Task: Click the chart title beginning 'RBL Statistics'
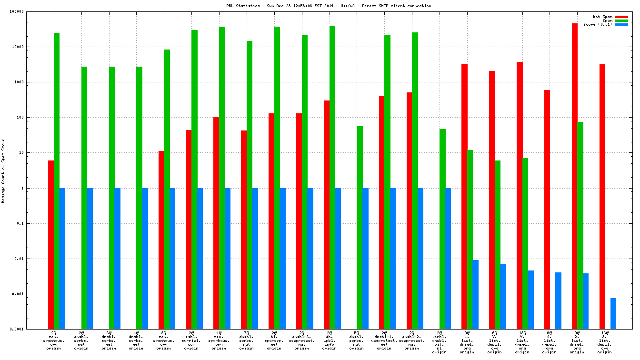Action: coord(329,6)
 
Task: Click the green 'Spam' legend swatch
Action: coord(621,20)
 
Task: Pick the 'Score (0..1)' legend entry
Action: coord(598,24)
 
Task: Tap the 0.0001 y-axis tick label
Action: coord(30,330)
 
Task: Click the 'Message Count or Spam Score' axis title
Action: coord(3,171)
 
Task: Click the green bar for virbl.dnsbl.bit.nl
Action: coord(442,229)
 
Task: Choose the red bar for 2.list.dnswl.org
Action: coord(575,176)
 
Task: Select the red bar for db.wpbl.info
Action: coord(327,215)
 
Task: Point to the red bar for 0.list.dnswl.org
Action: coord(547,210)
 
